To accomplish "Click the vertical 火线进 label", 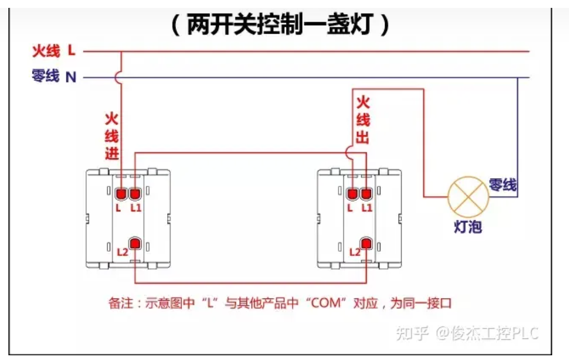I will point(111,136).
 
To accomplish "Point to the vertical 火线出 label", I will point(363,120).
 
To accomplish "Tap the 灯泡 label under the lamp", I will point(468,227).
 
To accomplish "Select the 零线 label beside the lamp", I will point(502,184).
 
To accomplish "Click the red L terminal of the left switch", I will point(121,194).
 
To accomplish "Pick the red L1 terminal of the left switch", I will point(135,194).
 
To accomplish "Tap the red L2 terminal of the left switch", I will point(136,244).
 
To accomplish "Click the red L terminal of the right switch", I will point(353,194).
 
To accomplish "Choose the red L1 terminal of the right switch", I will point(366,194).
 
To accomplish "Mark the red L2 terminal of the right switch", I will point(367,244).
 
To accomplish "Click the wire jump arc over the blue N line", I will point(119,78).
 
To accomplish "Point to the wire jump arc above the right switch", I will point(353,153).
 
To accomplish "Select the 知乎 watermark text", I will point(412,333).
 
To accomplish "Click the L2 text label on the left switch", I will point(122,252).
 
